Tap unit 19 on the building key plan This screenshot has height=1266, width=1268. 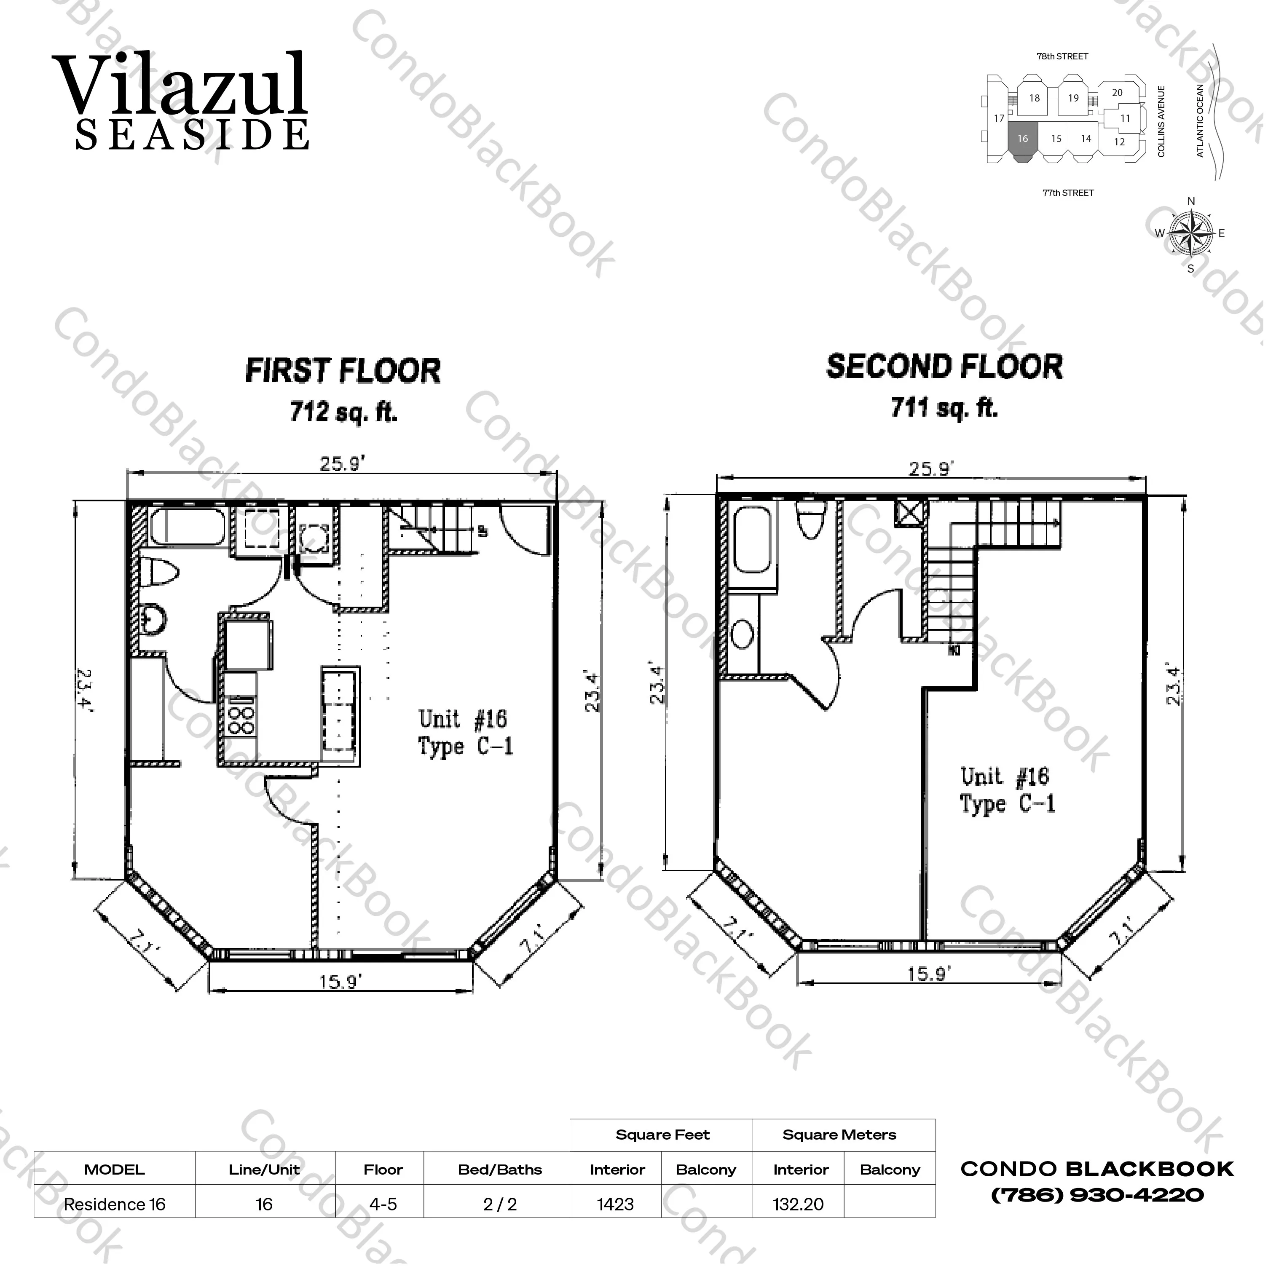(1073, 99)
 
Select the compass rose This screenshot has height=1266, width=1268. (1190, 234)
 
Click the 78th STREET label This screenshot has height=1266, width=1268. (1062, 56)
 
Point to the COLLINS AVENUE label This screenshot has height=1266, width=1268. (1161, 121)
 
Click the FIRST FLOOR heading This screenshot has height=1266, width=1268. (343, 371)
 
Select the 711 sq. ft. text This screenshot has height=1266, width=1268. (944, 408)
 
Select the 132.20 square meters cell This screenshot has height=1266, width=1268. (798, 1204)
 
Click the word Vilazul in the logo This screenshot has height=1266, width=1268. (179, 86)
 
